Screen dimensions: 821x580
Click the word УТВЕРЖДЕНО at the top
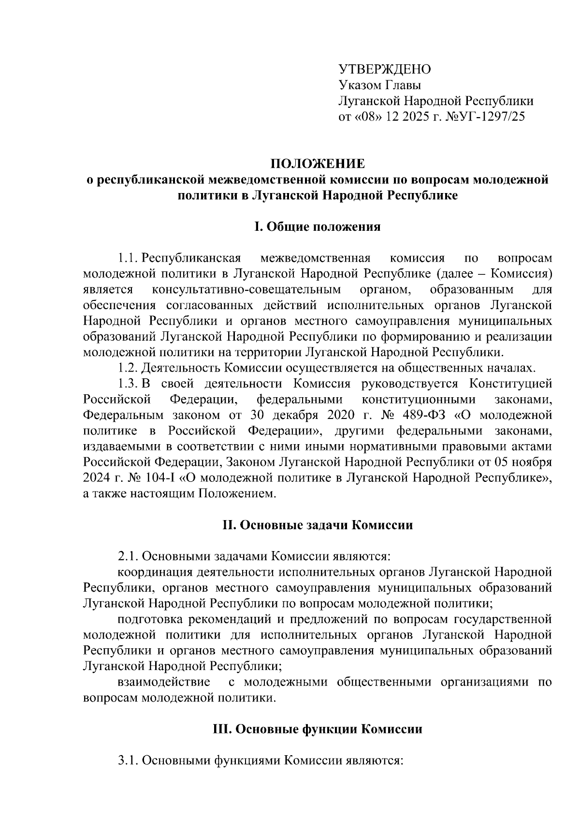point(384,69)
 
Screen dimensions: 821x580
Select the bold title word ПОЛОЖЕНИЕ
point(317,163)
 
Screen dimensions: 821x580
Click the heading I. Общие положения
point(317,226)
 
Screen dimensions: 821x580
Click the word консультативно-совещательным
point(246,290)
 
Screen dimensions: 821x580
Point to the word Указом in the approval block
point(357,85)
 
